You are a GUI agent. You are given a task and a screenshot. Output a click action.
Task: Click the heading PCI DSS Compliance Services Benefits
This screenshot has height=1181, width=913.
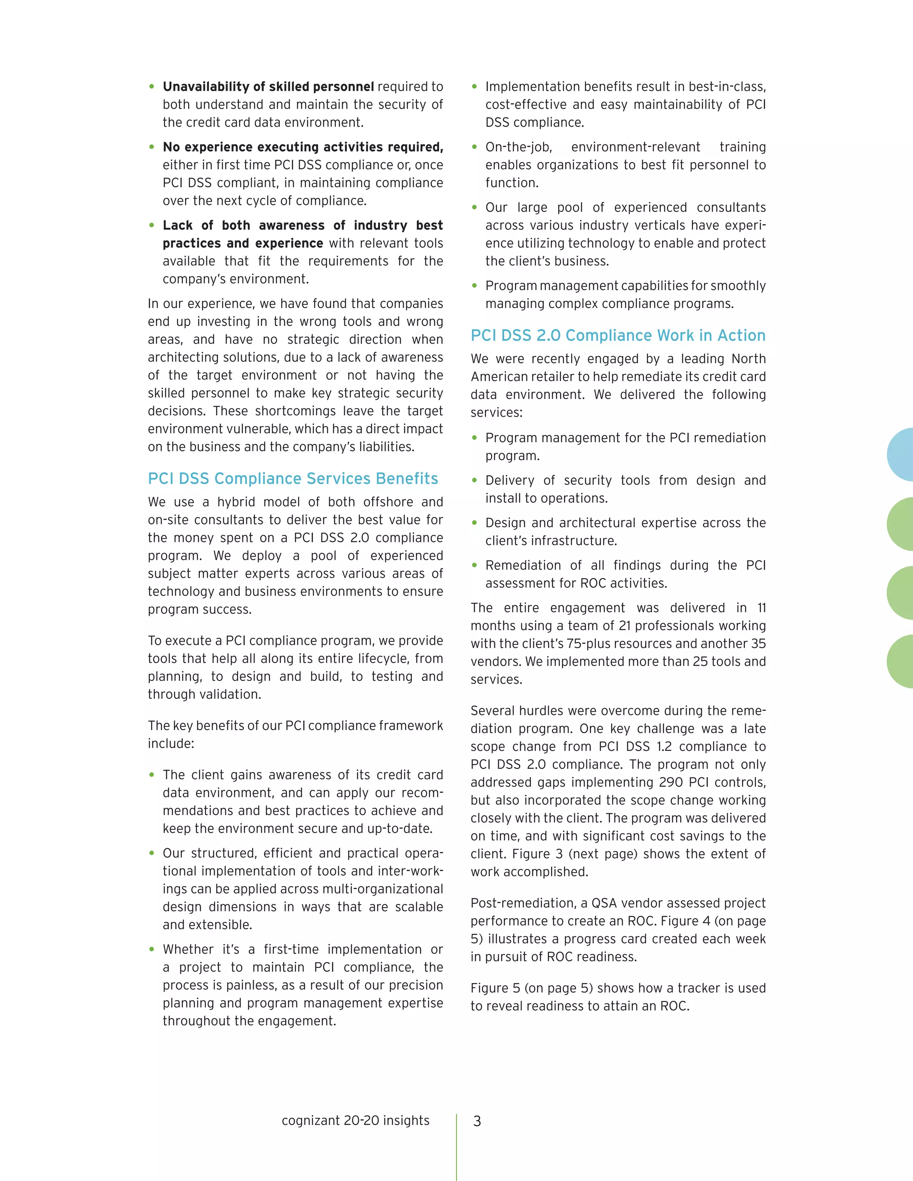(292, 479)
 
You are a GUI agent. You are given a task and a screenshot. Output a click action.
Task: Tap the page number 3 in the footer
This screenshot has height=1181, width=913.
(477, 1121)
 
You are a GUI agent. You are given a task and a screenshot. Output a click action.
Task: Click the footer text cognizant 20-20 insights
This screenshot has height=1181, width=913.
(355, 1120)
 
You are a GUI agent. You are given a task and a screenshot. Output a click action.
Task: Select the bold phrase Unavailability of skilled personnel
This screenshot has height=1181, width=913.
(268, 86)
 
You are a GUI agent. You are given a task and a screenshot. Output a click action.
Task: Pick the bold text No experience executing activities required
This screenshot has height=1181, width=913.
(303, 147)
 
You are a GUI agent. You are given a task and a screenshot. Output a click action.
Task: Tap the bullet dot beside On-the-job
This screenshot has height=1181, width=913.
(474, 147)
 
